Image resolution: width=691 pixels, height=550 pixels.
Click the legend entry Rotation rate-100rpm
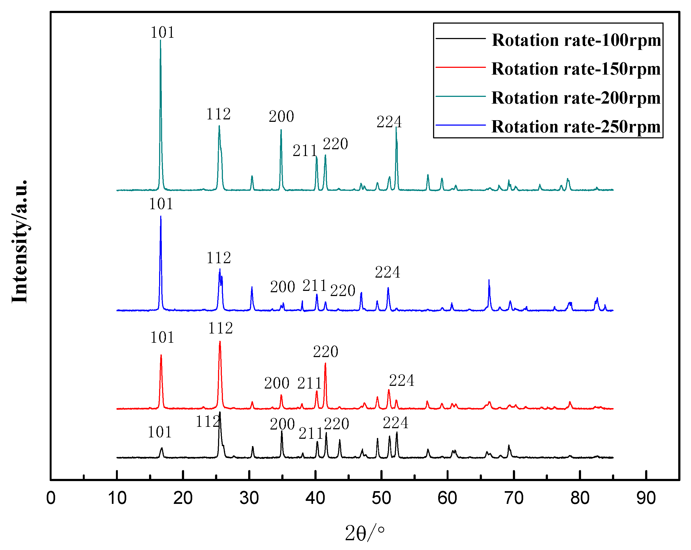[x=576, y=40]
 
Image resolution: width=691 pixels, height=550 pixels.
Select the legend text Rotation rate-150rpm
[x=576, y=69]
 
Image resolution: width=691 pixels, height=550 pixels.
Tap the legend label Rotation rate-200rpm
[x=576, y=98]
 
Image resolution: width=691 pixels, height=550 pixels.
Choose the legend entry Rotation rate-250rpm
[x=576, y=126]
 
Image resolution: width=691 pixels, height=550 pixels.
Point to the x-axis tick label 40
[x=315, y=498]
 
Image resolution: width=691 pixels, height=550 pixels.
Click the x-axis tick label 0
[x=51, y=498]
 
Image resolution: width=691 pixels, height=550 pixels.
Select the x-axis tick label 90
[x=646, y=498]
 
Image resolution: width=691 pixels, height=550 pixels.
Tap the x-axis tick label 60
[x=447, y=498]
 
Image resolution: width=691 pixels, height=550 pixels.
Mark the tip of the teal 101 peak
[x=160, y=40]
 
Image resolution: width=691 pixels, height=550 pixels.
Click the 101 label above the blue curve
[x=161, y=204]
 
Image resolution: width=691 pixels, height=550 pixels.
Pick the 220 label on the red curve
[x=325, y=352]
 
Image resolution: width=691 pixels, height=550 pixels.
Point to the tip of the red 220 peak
[x=325, y=363]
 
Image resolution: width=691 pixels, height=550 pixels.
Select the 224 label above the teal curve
[x=389, y=122]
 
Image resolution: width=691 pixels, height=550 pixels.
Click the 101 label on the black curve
[x=160, y=432]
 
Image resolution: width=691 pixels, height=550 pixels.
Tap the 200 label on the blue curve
[x=282, y=287]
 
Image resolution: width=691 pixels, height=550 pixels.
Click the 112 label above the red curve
[x=220, y=328]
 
